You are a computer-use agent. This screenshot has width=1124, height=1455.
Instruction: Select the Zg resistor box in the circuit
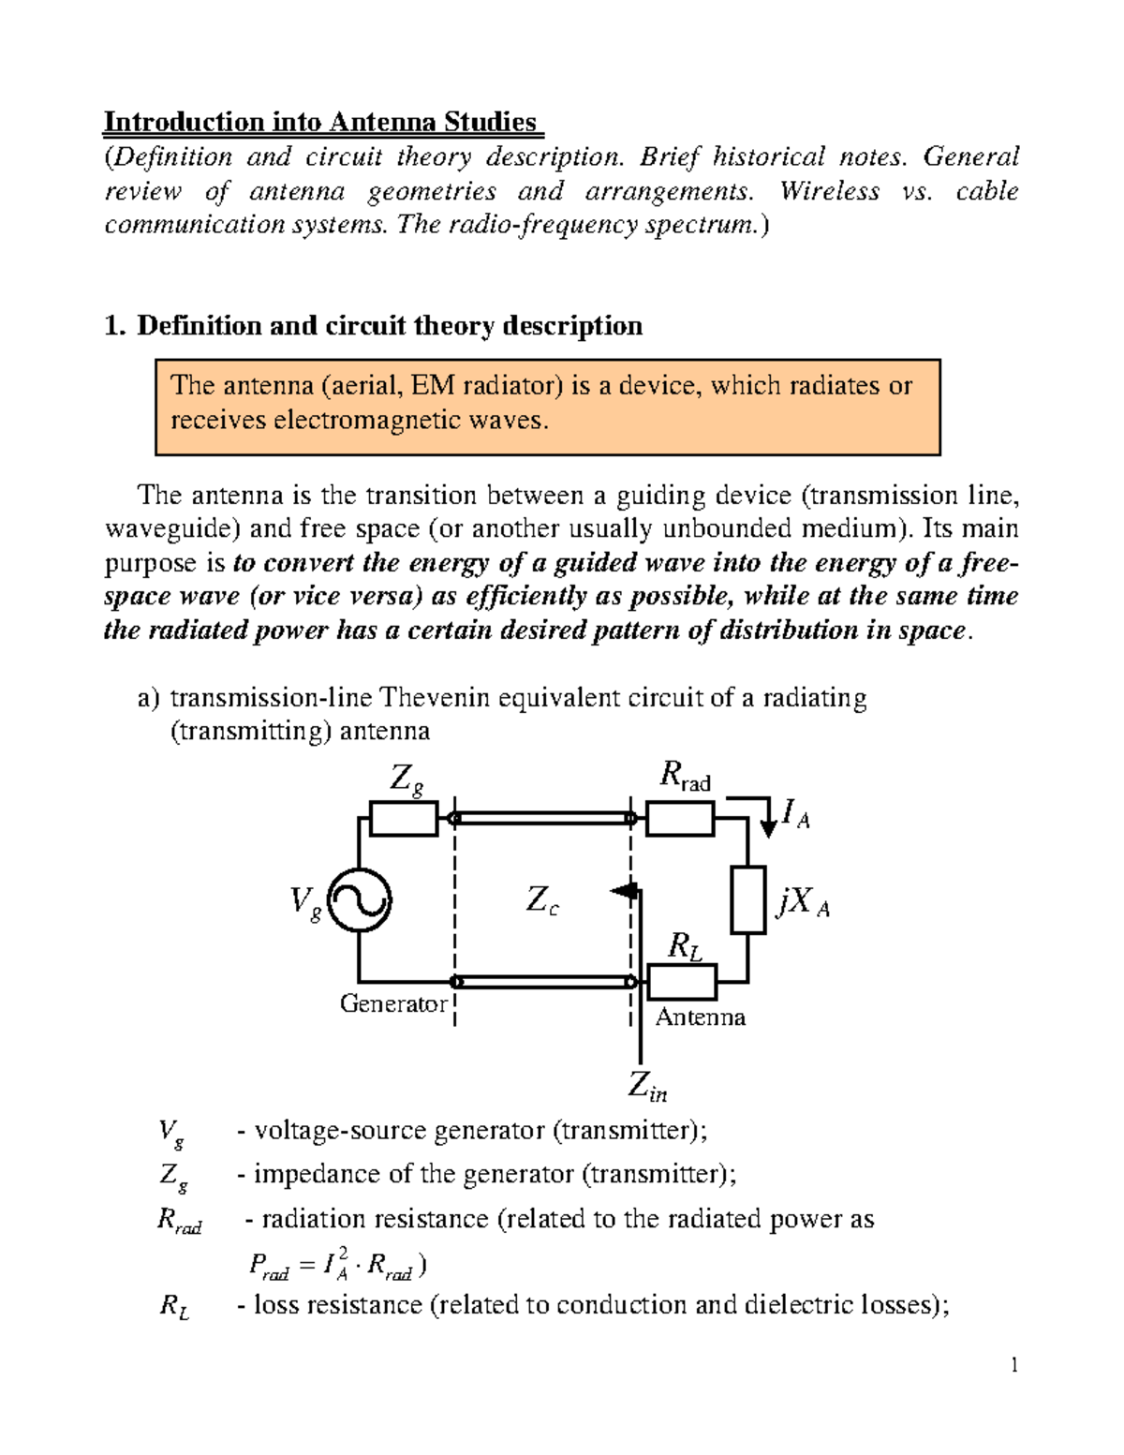[x=404, y=819]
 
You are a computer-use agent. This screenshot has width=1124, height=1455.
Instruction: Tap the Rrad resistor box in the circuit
[x=681, y=820]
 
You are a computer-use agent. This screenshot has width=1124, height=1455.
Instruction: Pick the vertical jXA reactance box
[x=748, y=899]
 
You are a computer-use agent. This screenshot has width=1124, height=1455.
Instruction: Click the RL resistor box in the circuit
[x=682, y=982]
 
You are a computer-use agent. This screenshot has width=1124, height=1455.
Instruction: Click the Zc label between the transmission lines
[x=541, y=901]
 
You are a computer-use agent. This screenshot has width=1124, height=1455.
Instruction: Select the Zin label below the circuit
[x=646, y=1087]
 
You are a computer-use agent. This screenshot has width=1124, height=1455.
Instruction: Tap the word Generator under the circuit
[x=393, y=1003]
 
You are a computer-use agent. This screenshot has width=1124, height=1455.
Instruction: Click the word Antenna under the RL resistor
[x=700, y=1017]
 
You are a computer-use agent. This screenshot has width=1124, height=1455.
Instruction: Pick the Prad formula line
[x=337, y=1266]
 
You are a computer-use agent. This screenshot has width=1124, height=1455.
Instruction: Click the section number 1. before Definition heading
[x=113, y=326]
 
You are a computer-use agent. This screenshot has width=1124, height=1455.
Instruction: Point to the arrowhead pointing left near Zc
[x=623, y=891]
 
